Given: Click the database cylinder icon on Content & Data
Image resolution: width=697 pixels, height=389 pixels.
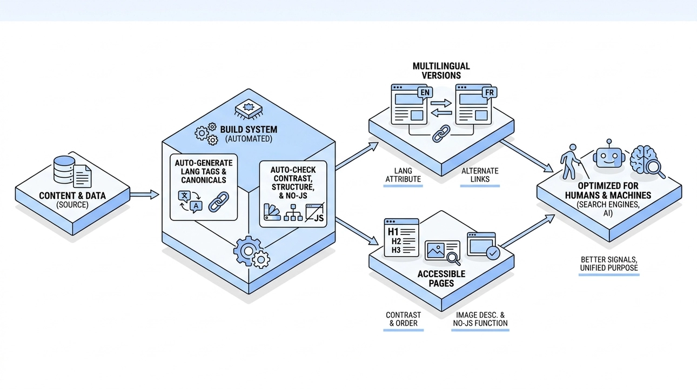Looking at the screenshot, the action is (x=64, y=170).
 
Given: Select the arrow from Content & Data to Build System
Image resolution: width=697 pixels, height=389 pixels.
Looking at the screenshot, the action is (x=144, y=194).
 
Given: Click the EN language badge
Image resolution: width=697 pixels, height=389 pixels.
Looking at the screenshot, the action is (x=425, y=92).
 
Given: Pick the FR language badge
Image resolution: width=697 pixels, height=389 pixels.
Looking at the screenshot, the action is (x=489, y=92).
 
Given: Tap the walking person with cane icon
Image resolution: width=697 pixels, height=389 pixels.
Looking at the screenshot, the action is (x=573, y=162).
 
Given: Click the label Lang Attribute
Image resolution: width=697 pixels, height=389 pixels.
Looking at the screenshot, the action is (x=403, y=175).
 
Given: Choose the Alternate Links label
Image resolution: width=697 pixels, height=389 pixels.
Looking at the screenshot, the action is (x=480, y=175).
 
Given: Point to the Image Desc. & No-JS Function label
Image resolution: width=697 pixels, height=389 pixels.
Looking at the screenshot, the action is (x=480, y=319).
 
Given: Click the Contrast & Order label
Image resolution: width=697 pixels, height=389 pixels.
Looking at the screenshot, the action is (x=403, y=319).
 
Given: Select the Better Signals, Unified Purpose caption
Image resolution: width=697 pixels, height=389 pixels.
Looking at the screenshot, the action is (x=609, y=264).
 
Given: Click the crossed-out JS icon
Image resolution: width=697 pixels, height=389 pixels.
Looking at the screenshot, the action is (x=315, y=212).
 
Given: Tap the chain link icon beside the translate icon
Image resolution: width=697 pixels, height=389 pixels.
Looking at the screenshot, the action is (x=218, y=202).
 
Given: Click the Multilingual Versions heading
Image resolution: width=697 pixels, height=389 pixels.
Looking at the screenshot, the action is (x=441, y=71).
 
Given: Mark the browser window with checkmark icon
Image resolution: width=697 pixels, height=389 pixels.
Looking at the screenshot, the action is (x=484, y=246).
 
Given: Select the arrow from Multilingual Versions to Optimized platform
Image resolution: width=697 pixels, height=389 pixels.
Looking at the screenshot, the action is (x=527, y=156).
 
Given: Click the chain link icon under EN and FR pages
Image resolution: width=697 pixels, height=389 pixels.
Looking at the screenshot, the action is (x=441, y=133).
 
